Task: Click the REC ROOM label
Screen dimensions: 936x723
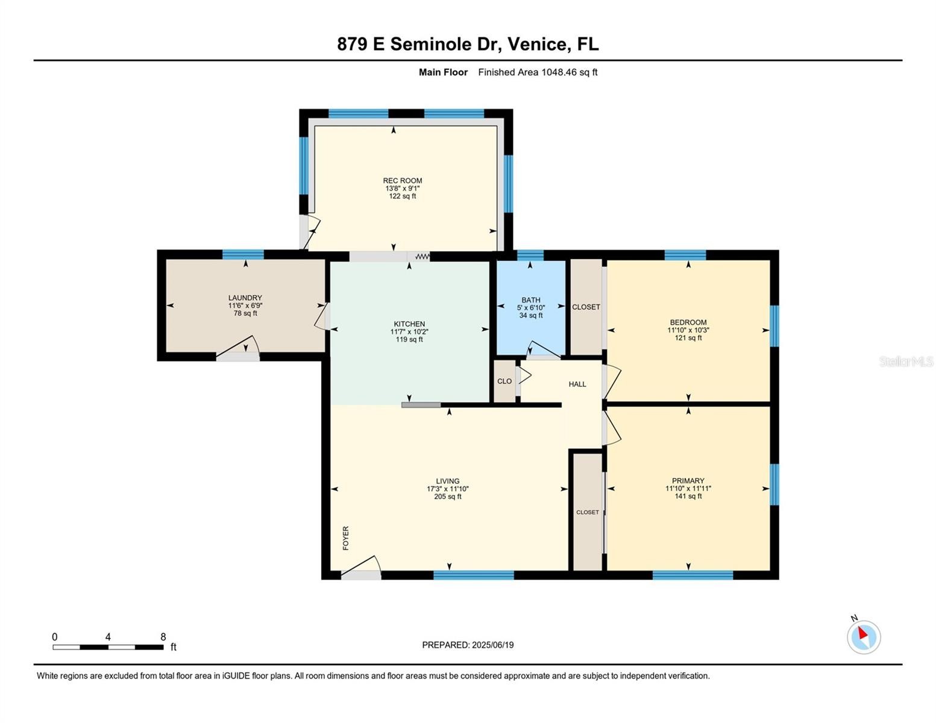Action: [x=403, y=180]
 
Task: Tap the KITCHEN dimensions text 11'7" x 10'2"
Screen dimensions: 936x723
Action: [x=409, y=331]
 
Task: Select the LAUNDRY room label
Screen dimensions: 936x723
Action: [x=245, y=298]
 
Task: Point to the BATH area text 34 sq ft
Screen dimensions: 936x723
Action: [x=530, y=315]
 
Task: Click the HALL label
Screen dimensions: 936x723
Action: [x=577, y=384]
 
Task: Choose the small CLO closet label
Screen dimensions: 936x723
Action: [x=504, y=381]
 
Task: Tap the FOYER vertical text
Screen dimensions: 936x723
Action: [x=345, y=538]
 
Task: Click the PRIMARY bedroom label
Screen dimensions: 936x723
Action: [x=688, y=481]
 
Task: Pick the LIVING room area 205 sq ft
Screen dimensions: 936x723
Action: [x=448, y=496]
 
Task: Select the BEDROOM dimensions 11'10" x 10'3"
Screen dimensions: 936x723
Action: [x=688, y=330]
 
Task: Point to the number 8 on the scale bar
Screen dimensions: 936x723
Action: [x=163, y=637]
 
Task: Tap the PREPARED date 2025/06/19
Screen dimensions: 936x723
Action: [x=492, y=645]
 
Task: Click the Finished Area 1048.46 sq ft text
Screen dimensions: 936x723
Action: [x=538, y=72]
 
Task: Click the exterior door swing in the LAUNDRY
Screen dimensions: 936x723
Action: [x=237, y=347]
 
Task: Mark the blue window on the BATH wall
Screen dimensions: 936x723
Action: [x=530, y=255]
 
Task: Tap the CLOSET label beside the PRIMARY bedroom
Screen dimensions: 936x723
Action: [x=587, y=512]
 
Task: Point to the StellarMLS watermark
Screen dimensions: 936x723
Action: [x=906, y=361]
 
